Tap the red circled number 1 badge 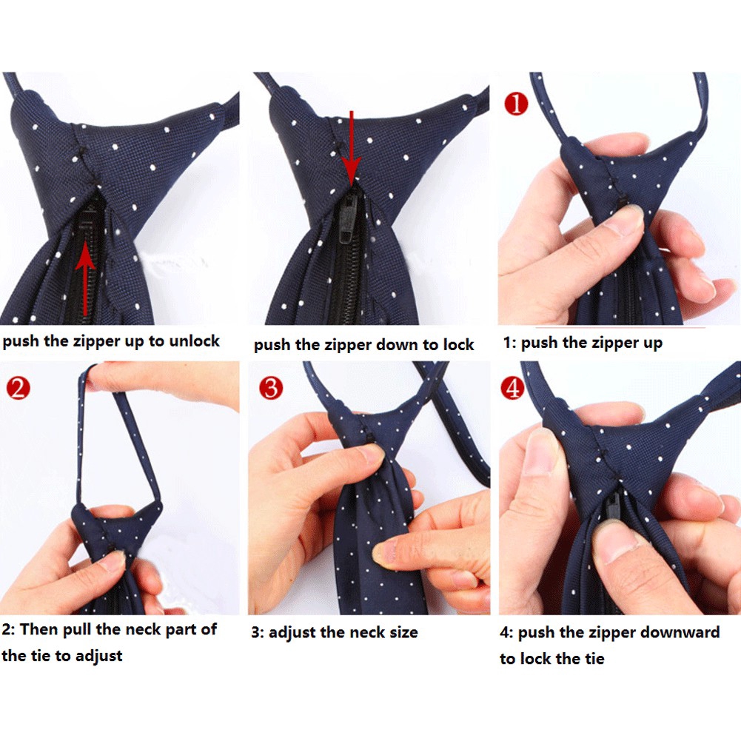[515, 102]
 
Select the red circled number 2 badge [17, 387]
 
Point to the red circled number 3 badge [271, 387]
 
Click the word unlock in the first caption [193, 341]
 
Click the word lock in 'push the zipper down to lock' [457, 345]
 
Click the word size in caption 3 [401, 632]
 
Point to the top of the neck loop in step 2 [92, 370]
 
